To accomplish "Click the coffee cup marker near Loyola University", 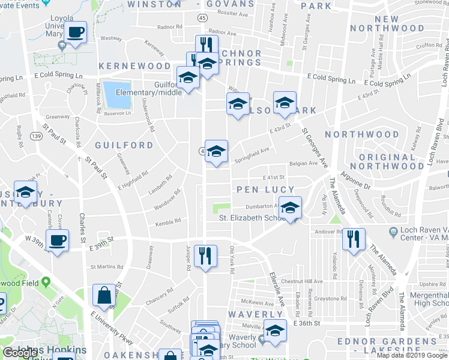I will [x=76, y=32].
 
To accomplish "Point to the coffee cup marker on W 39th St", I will [x=58, y=241].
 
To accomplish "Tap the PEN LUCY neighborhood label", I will [x=264, y=190].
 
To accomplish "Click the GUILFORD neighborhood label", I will [x=124, y=145].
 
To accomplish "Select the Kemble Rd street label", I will [x=168, y=223].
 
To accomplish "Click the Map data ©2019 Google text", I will [x=412, y=355].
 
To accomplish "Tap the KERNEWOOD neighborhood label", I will [x=135, y=65].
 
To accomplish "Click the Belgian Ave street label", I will [x=303, y=163].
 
